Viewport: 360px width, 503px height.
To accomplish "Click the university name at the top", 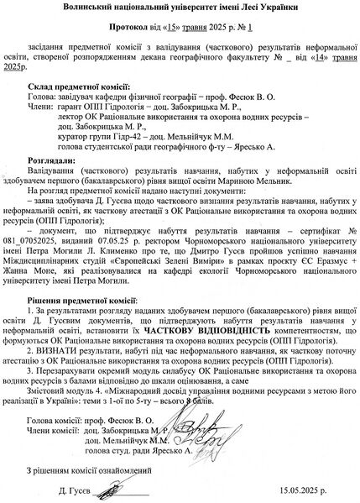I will click(x=180, y=8).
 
